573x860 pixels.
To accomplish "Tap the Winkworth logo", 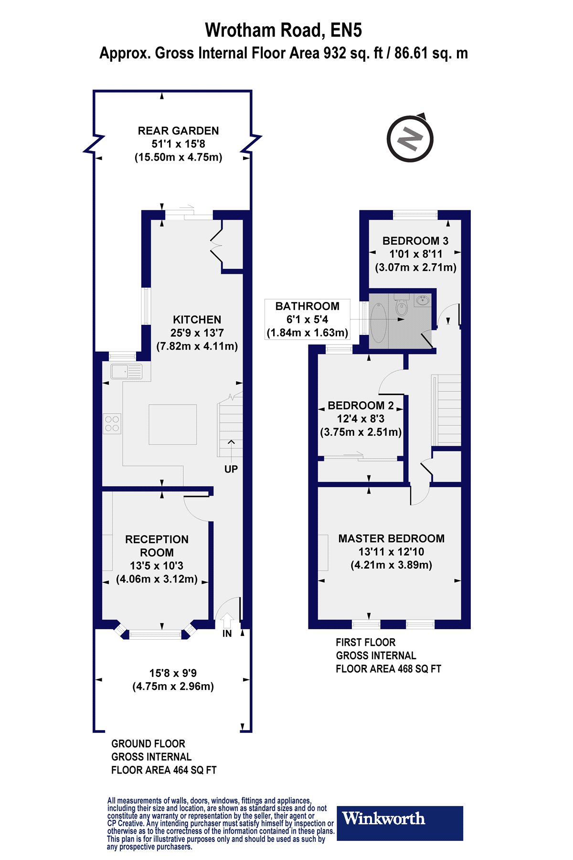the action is (x=400, y=823).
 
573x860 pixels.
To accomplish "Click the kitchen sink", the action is (x=126, y=371).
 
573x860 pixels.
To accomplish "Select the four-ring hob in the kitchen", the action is (x=112, y=424).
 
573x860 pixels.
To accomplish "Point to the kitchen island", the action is (x=173, y=425).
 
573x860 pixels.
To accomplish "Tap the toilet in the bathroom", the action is (x=402, y=306).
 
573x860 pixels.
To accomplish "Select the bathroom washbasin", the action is (x=423, y=301).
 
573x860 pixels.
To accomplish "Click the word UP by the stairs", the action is (x=231, y=469).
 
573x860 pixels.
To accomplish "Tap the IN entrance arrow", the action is (x=227, y=621).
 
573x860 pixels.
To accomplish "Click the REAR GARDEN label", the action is (x=179, y=131).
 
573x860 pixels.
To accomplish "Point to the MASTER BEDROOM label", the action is (x=392, y=538).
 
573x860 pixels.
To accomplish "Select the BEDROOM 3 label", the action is (x=415, y=241).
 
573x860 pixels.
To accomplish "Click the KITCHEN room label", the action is (x=197, y=320).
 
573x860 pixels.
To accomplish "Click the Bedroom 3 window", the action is (x=415, y=215).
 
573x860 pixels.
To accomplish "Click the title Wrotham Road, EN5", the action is (x=284, y=30).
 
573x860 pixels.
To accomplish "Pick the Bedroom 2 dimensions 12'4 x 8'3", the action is (x=361, y=419).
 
